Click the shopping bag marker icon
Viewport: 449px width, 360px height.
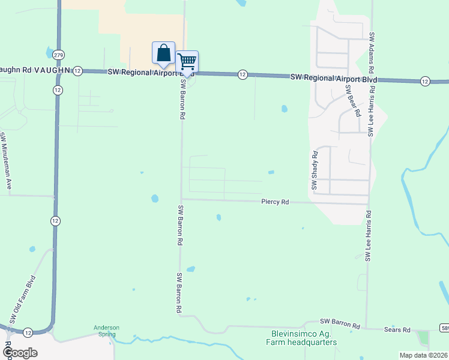(x=163, y=53)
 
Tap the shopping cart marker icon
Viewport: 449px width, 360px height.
(x=187, y=62)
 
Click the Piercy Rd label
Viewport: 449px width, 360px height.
(x=276, y=202)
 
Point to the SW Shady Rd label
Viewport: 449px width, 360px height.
(x=314, y=171)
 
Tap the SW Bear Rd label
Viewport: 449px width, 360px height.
(x=352, y=100)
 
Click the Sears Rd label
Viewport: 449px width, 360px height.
(x=397, y=329)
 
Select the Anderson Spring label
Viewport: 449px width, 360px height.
(x=106, y=331)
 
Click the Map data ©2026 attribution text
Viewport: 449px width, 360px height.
(x=423, y=355)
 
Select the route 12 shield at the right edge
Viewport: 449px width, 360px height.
(x=425, y=80)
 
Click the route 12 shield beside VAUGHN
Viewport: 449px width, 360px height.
(x=78, y=71)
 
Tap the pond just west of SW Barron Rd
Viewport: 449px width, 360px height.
(x=155, y=198)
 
